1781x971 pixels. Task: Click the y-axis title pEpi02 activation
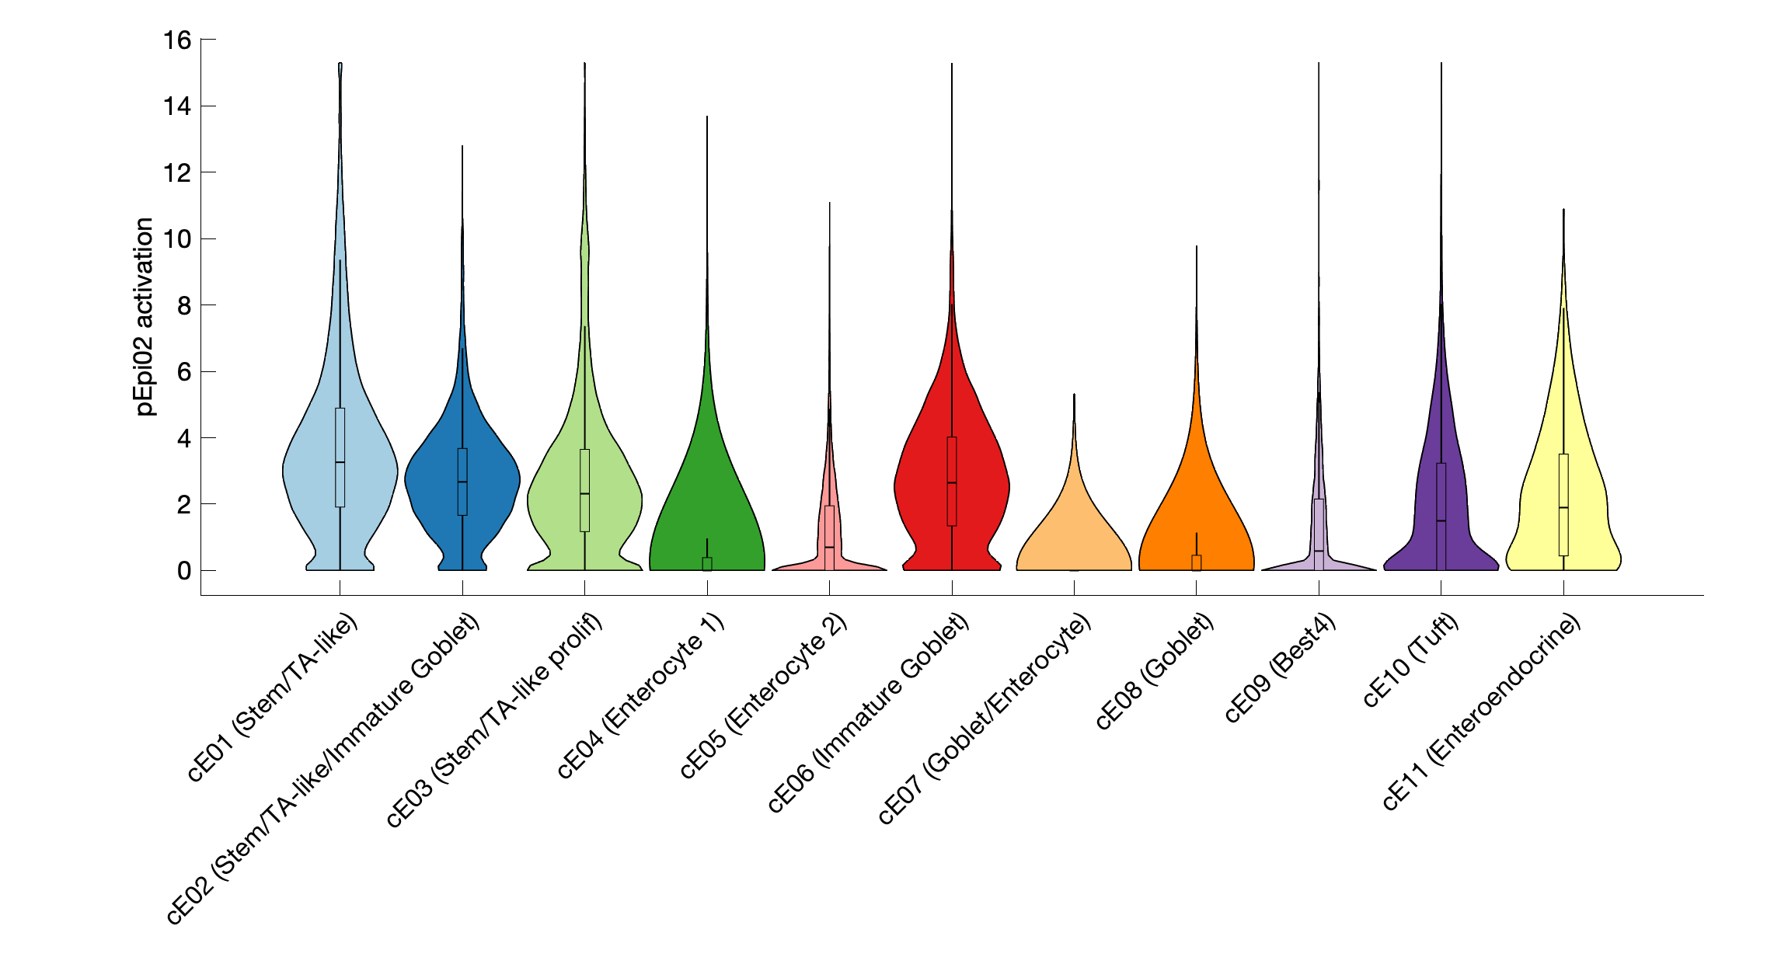(x=145, y=316)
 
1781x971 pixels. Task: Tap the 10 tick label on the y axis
(x=177, y=239)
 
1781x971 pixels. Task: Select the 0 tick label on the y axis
(x=184, y=571)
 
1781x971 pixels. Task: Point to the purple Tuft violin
(x=1422, y=505)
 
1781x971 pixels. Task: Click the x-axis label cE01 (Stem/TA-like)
(x=273, y=697)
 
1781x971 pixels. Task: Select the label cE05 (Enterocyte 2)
(x=763, y=696)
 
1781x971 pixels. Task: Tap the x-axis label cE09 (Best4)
(x=1281, y=668)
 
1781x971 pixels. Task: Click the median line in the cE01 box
(x=340, y=462)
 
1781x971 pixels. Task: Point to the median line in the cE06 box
(x=952, y=483)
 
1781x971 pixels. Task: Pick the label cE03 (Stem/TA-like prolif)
(x=494, y=720)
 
